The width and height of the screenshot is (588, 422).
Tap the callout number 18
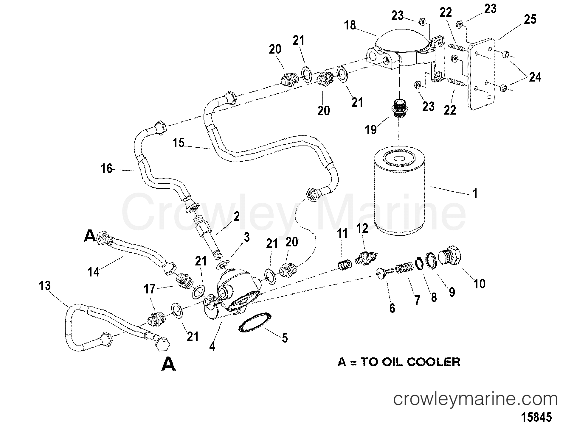(x=350, y=25)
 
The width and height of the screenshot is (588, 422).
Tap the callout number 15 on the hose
(x=179, y=143)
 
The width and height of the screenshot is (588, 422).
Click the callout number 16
(x=106, y=169)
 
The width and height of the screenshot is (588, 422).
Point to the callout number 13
(x=45, y=286)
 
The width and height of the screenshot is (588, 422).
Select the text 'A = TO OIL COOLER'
(x=398, y=362)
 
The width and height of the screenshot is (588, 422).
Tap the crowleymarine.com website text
(x=475, y=399)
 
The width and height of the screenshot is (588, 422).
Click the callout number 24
(x=535, y=77)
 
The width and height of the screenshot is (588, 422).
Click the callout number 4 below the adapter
(x=212, y=347)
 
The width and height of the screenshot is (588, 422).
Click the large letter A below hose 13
(x=168, y=364)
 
